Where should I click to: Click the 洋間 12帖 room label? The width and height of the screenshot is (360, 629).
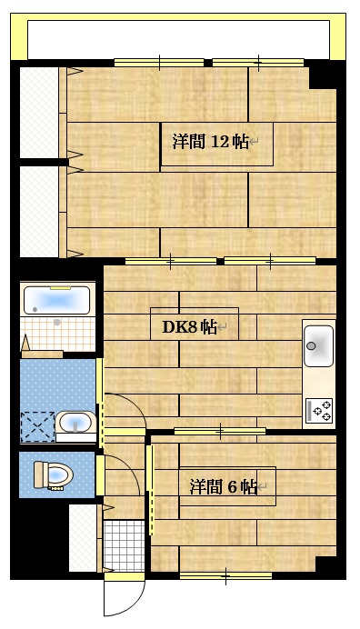pyautogui.click(x=210, y=142)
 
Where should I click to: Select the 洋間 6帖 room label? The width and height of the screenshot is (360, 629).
pyautogui.click(x=223, y=487)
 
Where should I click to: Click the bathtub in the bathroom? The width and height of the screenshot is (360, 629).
pyautogui.click(x=56, y=300)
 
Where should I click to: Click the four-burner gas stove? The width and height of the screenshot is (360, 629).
pyautogui.click(x=319, y=410)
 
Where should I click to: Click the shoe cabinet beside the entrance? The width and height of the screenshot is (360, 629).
pyautogui.click(x=84, y=537)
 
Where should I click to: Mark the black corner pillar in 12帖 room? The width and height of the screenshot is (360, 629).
pyautogui.click(x=322, y=76)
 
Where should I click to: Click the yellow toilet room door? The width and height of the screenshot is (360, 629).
pyautogui.click(x=100, y=474)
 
